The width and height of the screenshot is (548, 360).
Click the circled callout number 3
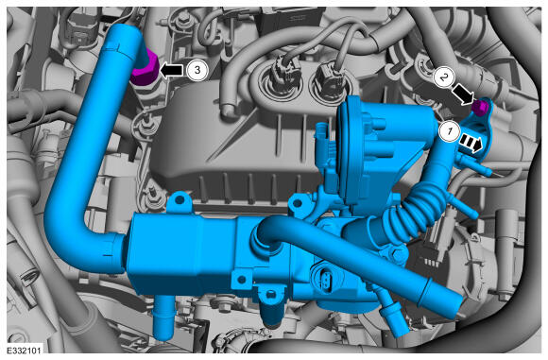click(197, 70)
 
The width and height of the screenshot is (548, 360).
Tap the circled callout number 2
click(444, 77)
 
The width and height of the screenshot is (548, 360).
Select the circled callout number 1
click(449, 131)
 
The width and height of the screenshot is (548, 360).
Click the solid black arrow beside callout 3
click(171, 70)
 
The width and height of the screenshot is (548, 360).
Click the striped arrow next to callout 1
click(471, 144)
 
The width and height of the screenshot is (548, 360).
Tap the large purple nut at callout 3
click(145, 69)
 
